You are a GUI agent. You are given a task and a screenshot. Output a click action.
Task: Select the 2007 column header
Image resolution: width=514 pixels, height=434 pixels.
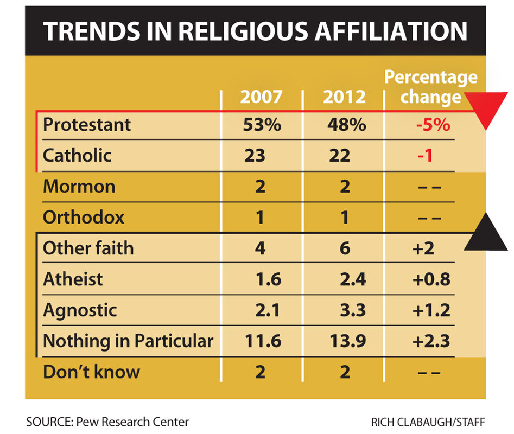(x=262, y=97)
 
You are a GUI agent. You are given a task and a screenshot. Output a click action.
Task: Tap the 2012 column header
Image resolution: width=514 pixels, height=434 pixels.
(x=344, y=97)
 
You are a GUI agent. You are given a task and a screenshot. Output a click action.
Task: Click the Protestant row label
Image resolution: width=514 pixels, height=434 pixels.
(x=87, y=124)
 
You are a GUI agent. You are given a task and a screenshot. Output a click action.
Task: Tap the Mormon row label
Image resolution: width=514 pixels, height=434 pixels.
(x=79, y=187)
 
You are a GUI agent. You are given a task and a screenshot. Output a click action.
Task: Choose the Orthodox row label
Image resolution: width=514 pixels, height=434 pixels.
(x=84, y=218)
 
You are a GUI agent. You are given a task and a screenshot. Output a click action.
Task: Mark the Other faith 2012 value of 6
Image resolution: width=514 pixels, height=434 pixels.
(x=344, y=248)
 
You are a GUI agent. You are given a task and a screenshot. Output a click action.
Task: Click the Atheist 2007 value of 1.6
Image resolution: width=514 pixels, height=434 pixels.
(x=268, y=279)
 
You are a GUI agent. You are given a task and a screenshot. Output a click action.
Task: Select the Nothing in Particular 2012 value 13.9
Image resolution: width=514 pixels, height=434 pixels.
(x=347, y=341)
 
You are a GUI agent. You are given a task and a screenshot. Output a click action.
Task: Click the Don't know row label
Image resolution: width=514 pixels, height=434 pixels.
(x=91, y=372)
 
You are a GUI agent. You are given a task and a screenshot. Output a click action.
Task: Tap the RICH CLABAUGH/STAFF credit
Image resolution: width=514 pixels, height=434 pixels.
(x=428, y=422)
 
